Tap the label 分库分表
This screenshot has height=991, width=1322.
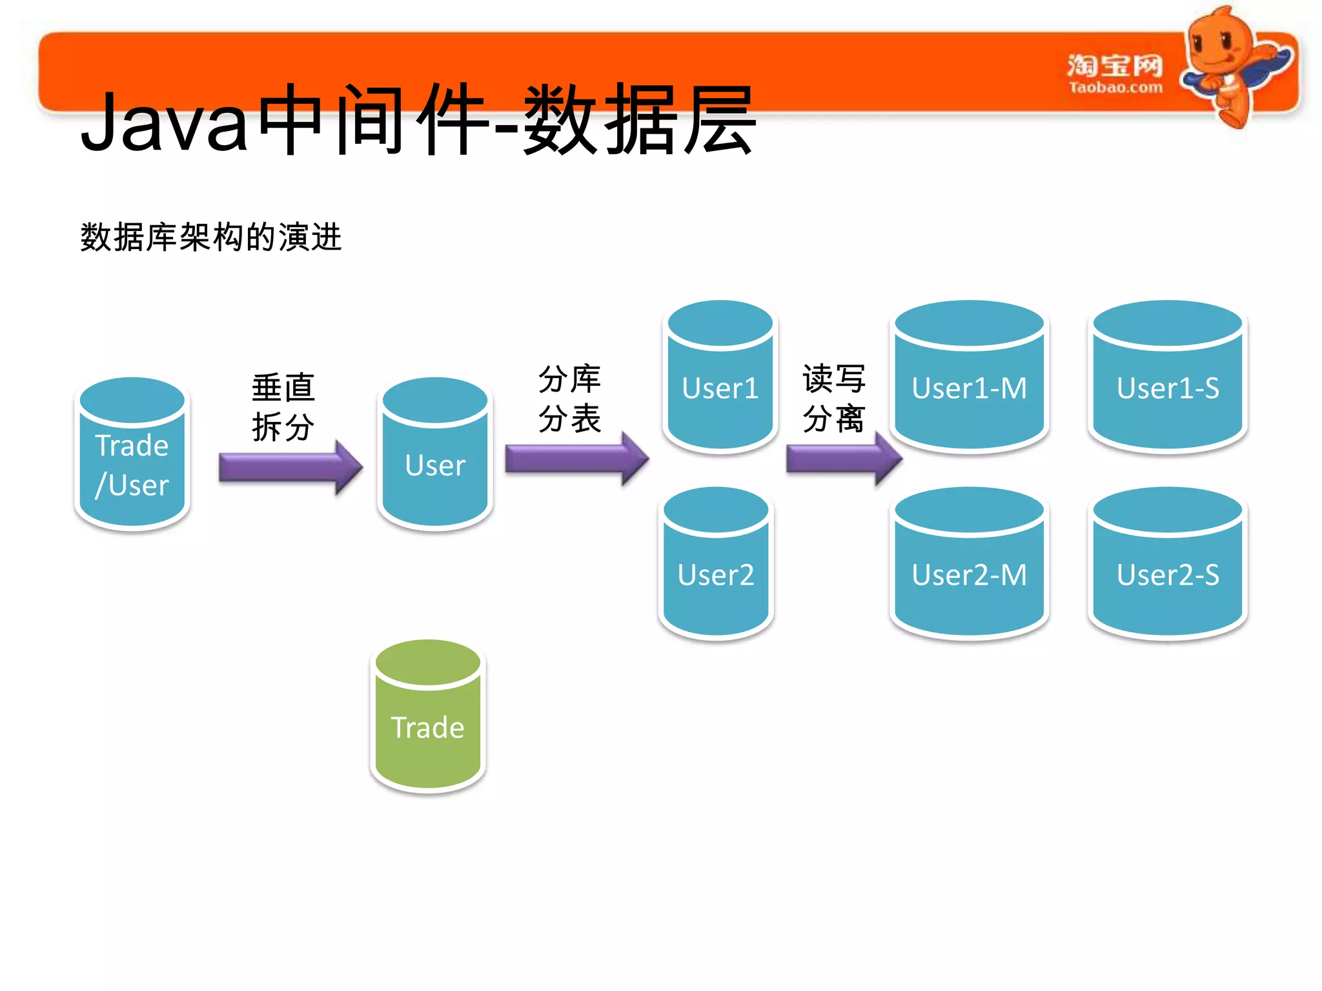point(569,399)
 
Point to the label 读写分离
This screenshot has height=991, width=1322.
point(833,399)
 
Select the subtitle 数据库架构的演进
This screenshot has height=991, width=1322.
point(210,237)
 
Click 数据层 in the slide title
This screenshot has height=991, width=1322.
point(639,121)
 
